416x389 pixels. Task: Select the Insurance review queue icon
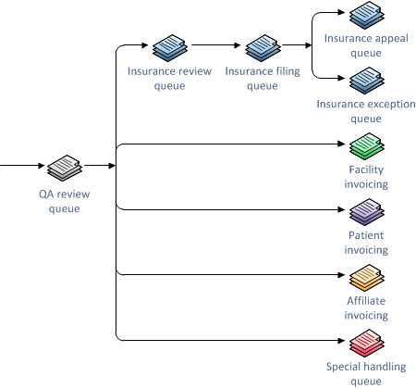[169, 46]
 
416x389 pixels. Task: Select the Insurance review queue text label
[169, 79]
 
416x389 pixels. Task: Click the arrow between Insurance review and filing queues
[215, 44]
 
